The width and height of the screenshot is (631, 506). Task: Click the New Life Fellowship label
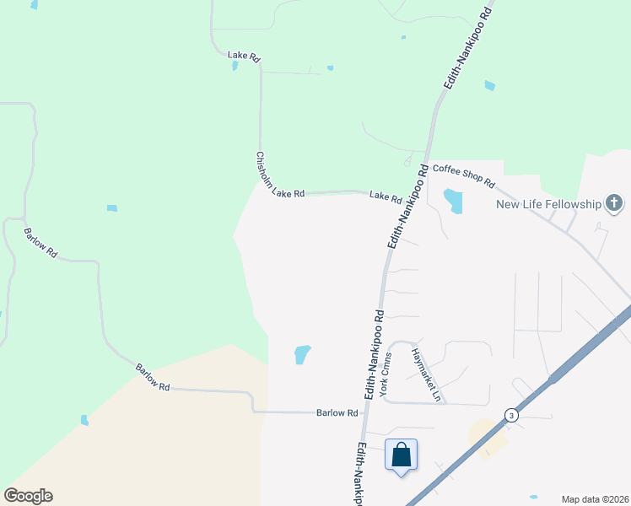(x=547, y=204)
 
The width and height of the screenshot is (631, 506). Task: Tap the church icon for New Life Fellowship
(x=614, y=203)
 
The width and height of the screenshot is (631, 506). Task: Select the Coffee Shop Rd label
(x=463, y=175)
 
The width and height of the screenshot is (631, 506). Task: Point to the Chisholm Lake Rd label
(x=279, y=176)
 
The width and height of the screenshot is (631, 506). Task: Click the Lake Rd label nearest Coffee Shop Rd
(x=386, y=197)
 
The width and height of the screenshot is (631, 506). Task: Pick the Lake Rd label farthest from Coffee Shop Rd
(x=245, y=57)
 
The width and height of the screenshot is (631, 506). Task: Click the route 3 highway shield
(x=510, y=415)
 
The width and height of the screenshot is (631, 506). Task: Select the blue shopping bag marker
(x=401, y=455)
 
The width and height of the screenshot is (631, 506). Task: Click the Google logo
(x=28, y=496)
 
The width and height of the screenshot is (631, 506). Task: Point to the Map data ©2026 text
(x=595, y=498)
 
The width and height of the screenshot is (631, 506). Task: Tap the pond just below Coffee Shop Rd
(x=454, y=201)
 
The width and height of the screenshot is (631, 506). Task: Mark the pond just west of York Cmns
(x=302, y=354)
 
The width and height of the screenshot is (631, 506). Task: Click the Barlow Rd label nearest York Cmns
(x=337, y=412)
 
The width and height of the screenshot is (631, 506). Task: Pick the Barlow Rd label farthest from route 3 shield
(x=40, y=242)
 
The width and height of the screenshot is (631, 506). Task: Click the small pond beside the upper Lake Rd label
(x=234, y=66)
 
